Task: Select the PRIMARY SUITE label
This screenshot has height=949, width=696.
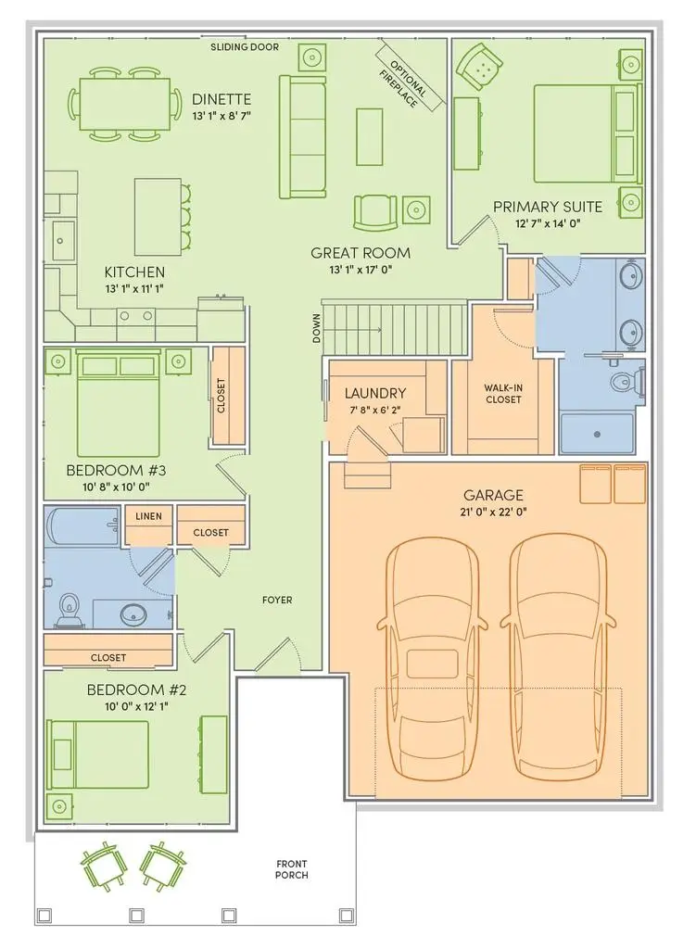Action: point(547,207)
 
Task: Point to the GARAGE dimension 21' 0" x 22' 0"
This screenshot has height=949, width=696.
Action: point(487,512)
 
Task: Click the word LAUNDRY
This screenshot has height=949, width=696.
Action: point(375,393)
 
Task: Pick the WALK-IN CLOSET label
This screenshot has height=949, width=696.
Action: point(502,394)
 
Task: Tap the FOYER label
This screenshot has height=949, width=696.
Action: point(276,600)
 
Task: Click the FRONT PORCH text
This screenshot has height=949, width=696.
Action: point(292,868)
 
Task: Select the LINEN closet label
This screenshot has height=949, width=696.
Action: point(148,516)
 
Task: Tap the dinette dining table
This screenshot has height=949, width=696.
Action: point(125,103)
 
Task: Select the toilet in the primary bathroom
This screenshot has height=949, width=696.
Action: point(625,381)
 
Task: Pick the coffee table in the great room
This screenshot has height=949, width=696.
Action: point(370,136)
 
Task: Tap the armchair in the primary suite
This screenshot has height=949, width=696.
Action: point(481,64)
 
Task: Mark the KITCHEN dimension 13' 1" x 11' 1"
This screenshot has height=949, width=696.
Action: point(134,289)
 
